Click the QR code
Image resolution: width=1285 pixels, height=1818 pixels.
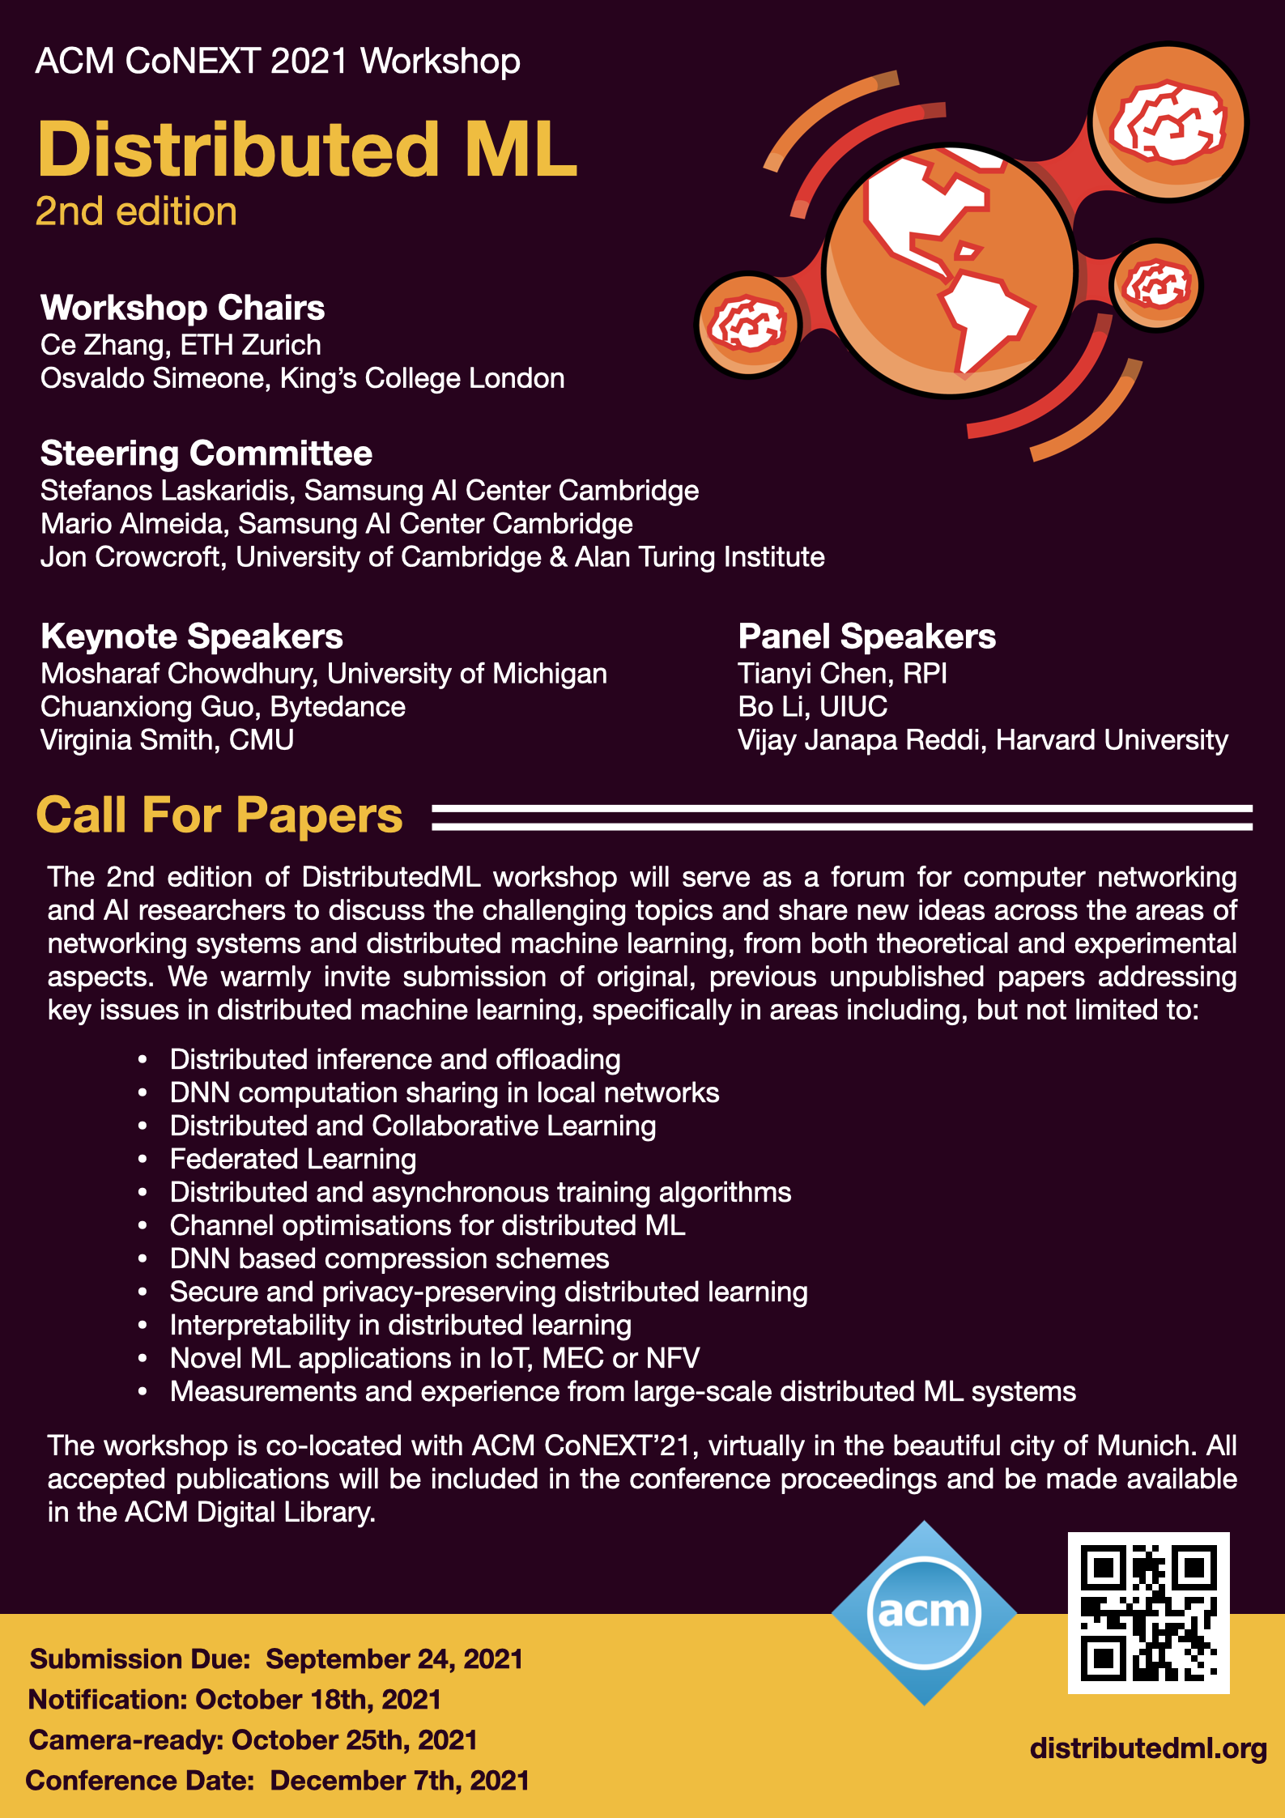(1148, 1612)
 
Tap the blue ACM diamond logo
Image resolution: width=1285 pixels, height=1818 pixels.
(924, 1612)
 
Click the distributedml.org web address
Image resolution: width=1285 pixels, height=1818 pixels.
(1148, 1748)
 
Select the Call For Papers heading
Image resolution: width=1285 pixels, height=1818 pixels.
(219, 815)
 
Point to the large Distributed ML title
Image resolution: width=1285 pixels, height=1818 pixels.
(308, 150)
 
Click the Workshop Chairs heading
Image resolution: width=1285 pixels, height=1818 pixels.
(182, 308)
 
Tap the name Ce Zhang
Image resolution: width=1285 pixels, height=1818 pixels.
(102, 345)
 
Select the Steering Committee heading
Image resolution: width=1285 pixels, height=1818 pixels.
(206, 453)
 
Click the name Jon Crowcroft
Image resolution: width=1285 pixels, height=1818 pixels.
(130, 557)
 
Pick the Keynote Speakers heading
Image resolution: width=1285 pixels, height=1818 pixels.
(192, 637)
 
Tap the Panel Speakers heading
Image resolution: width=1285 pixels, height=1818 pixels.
(866, 637)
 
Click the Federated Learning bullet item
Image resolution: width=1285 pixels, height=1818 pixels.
(293, 1159)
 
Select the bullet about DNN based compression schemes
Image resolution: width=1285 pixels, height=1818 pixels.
(389, 1258)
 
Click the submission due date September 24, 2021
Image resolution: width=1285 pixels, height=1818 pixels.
(394, 1659)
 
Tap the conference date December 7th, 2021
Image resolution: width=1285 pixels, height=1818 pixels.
(399, 1781)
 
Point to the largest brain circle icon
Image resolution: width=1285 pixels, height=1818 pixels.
(1168, 123)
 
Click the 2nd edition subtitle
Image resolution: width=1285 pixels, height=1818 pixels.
(136, 212)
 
